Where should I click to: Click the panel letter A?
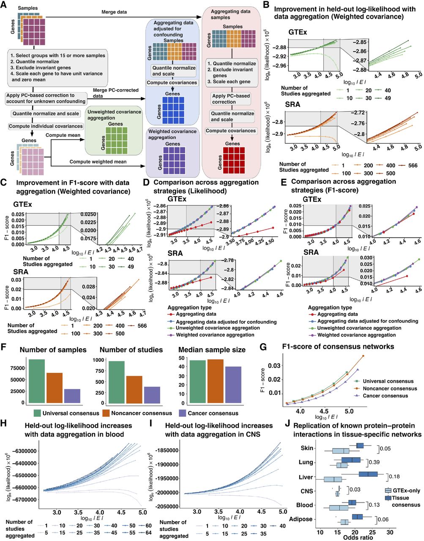5,5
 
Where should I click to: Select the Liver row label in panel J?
306,477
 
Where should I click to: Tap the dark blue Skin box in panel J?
360,445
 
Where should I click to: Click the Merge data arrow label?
114,12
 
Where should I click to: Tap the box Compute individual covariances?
46,126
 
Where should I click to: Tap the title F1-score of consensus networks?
338,347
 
